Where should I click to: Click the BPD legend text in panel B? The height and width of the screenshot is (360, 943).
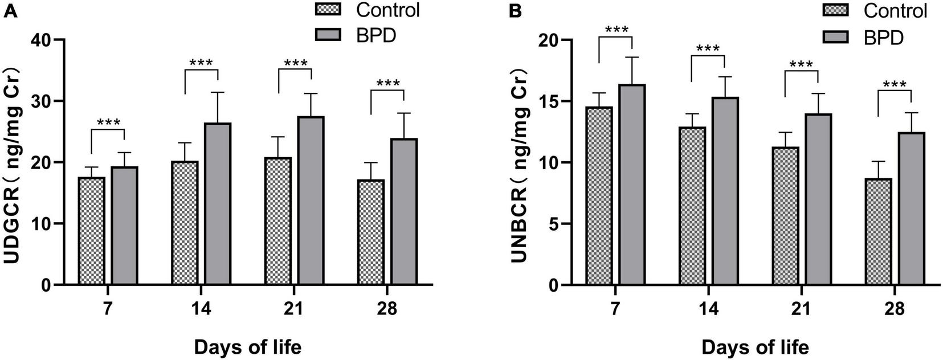tap(883, 38)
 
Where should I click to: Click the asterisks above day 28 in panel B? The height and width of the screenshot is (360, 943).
tap(895, 85)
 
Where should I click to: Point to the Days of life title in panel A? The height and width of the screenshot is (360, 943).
tap(248, 347)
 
